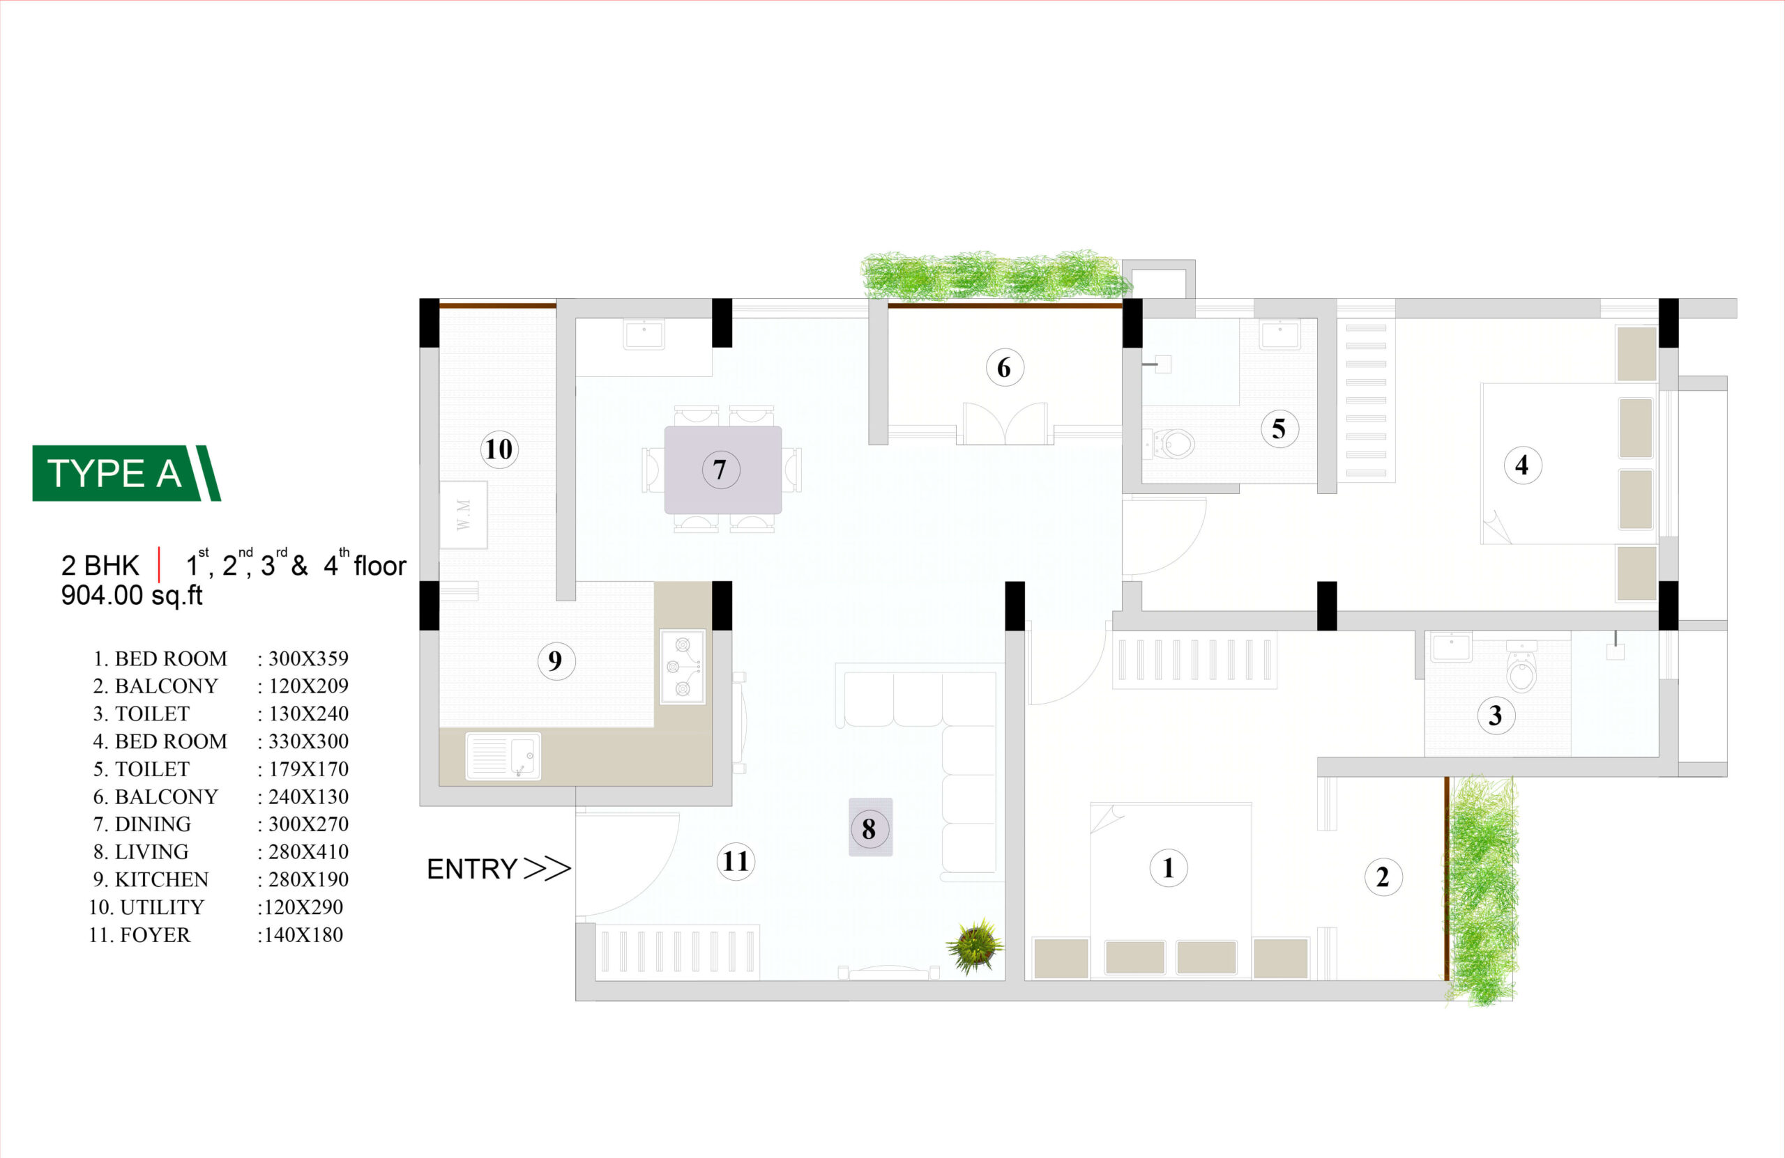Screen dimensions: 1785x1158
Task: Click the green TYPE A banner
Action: pyautogui.click(x=126, y=473)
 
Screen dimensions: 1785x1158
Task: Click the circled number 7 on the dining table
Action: pyautogui.click(x=721, y=470)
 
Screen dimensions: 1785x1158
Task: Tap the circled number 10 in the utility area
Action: pyautogui.click(x=499, y=449)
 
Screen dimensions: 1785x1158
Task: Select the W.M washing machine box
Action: pyautogui.click(x=464, y=515)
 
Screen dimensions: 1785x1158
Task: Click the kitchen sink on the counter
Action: pyautogui.click(x=503, y=755)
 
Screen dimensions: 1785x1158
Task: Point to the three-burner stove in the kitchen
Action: pyautogui.click(x=683, y=666)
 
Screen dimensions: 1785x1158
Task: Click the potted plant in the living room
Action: pyautogui.click(x=974, y=946)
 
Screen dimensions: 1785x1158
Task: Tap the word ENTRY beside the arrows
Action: pyautogui.click(x=472, y=869)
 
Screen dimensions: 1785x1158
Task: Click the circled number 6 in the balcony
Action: pyautogui.click(x=1004, y=367)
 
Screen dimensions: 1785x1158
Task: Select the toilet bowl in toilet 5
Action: pyautogui.click(x=1172, y=444)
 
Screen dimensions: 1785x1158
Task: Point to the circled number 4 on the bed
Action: pyautogui.click(x=1523, y=465)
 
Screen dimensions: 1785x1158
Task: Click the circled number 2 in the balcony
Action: pyautogui.click(x=1383, y=877)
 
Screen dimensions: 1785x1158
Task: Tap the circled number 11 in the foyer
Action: pyautogui.click(x=736, y=861)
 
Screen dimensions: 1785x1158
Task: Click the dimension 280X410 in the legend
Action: pyautogui.click(x=308, y=851)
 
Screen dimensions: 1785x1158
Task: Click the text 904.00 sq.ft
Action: pyautogui.click(x=132, y=595)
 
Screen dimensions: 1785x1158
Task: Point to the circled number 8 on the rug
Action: pyautogui.click(x=869, y=829)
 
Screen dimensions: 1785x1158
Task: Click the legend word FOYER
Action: pyautogui.click(x=155, y=934)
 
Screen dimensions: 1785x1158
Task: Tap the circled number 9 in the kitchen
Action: pyautogui.click(x=556, y=661)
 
